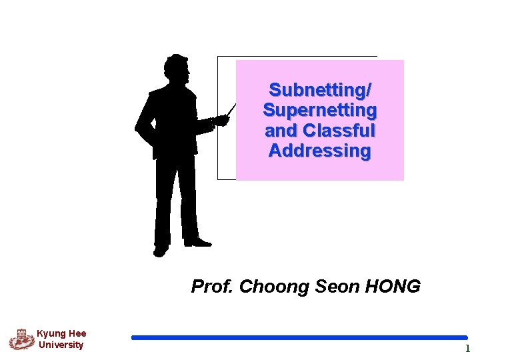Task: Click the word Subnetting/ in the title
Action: click(320, 89)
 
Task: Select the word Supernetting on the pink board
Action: click(320, 109)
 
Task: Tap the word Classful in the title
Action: click(339, 130)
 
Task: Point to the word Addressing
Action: click(320, 151)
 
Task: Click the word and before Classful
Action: click(281, 130)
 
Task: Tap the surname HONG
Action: click(393, 287)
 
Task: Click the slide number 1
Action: click(467, 349)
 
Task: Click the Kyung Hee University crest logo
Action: click(21, 339)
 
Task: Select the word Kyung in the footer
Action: click(50, 333)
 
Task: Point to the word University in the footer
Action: click(61, 345)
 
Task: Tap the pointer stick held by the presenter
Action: click(231, 109)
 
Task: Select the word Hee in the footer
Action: click(76, 333)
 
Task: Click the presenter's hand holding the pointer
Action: click(220, 121)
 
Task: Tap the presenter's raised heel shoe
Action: click(161, 251)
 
